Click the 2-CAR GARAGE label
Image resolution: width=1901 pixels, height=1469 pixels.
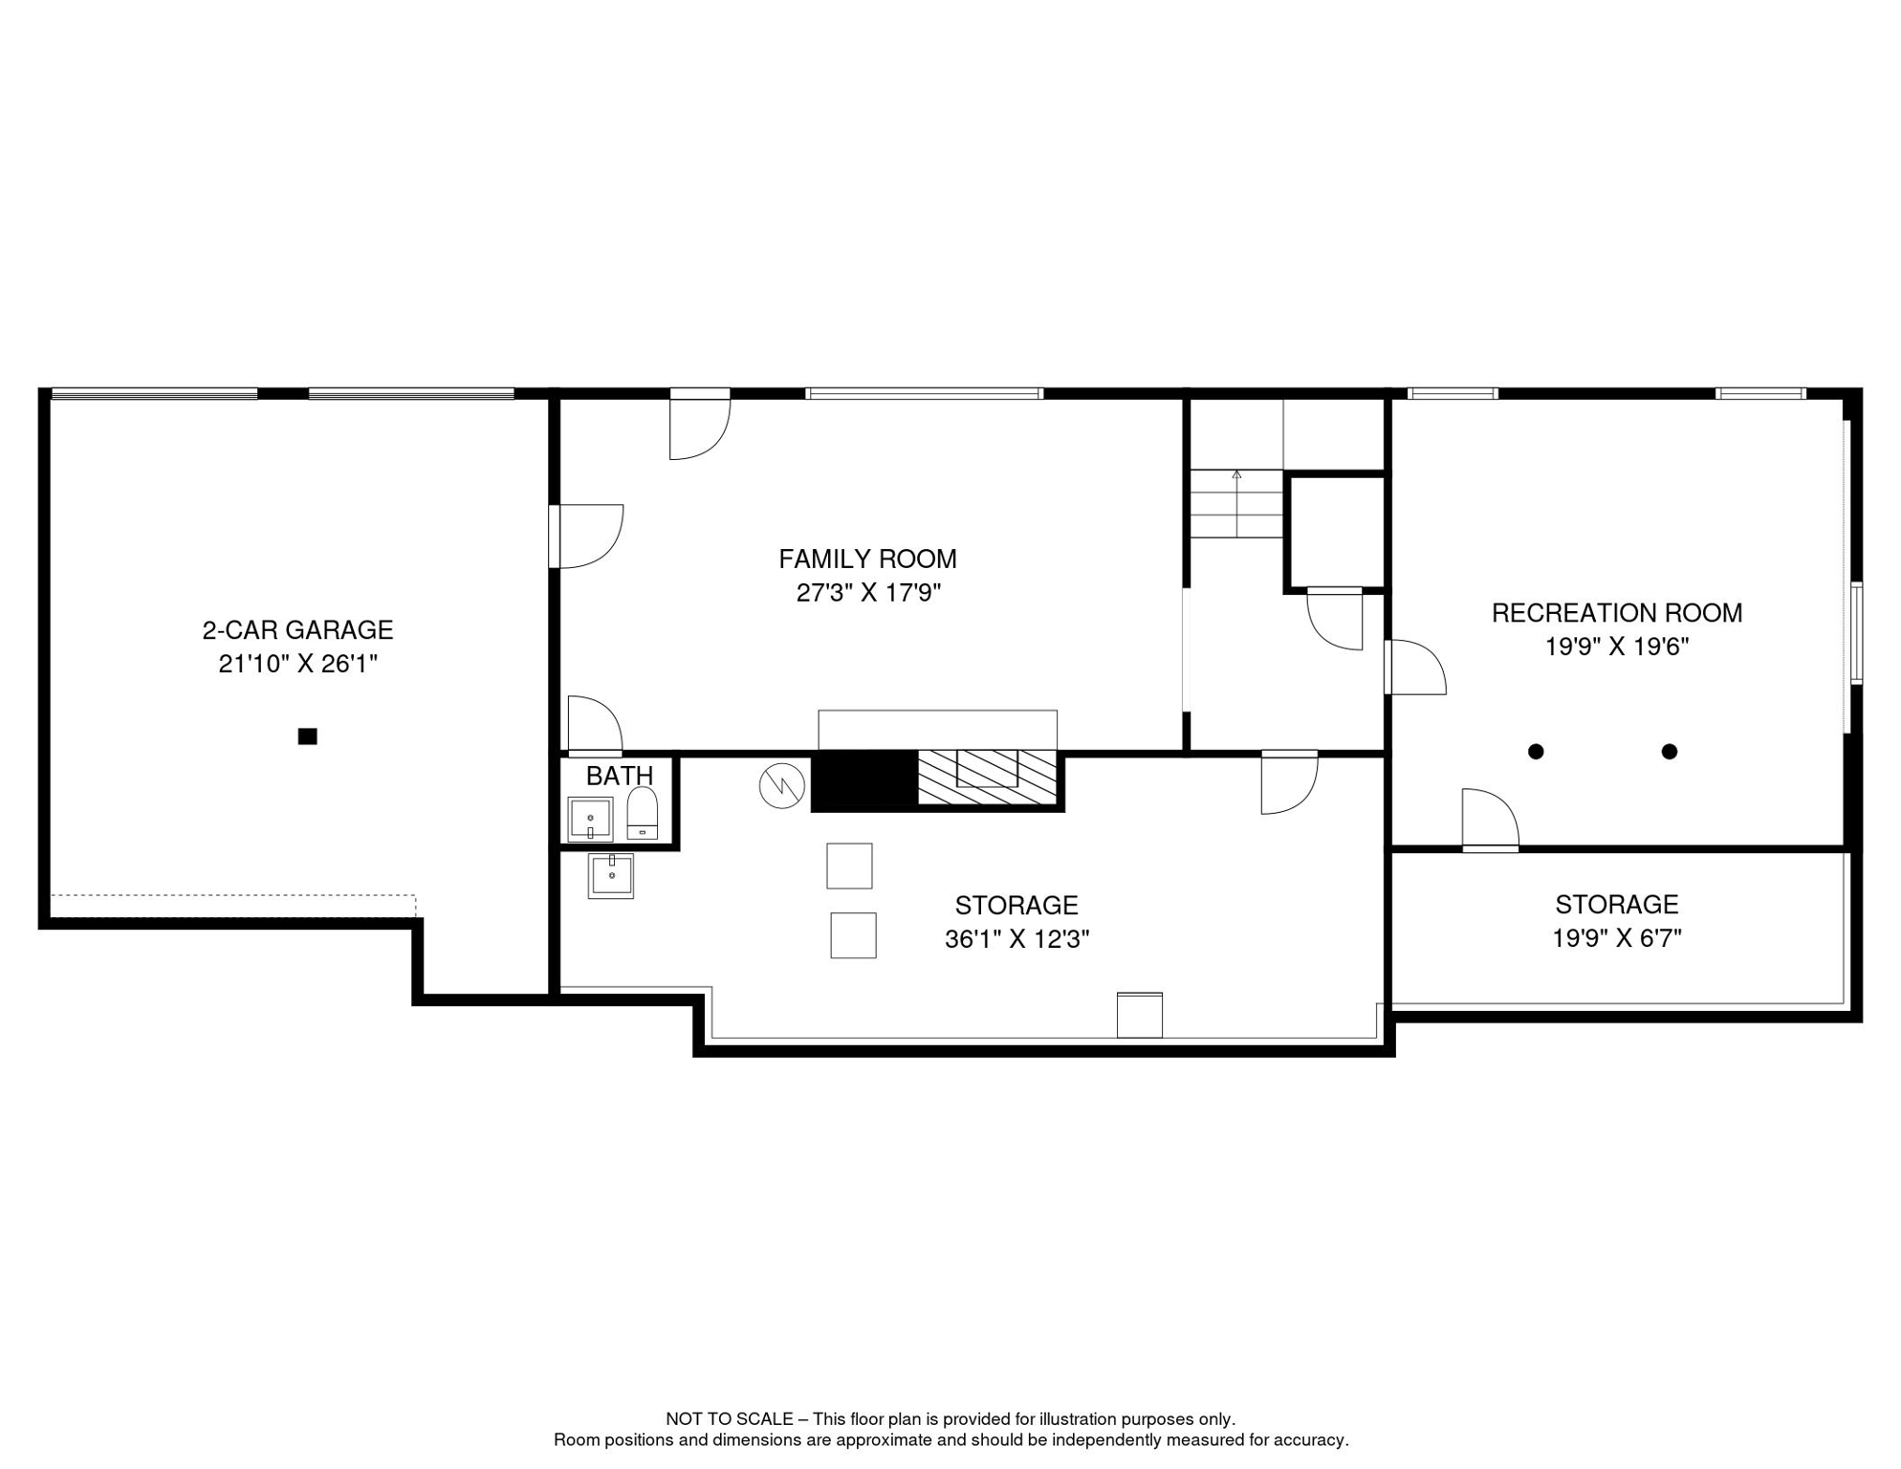(x=297, y=630)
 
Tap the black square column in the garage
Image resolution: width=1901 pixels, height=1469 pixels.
(x=307, y=736)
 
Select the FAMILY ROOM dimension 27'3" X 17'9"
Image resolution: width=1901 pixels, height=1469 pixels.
(x=868, y=593)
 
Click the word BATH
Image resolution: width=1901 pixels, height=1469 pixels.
(x=620, y=776)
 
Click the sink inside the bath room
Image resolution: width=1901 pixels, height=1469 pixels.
(x=590, y=819)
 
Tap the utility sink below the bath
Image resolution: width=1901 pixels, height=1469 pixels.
(x=610, y=875)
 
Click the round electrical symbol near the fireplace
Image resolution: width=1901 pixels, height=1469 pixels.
(x=781, y=785)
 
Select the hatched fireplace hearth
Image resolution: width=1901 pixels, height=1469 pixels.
(x=987, y=778)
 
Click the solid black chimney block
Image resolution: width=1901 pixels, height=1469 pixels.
(x=863, y=780)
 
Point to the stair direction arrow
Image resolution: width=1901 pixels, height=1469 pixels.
(x=1236, y=475)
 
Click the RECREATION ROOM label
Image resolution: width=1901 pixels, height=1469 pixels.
(x=1616, y=613)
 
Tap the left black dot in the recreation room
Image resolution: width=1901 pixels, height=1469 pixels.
(x=1536, y=752)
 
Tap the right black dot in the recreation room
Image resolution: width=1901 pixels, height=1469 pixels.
(x=1669, y=752)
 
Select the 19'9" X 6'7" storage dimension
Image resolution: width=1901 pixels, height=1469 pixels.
(x=1616, y=938)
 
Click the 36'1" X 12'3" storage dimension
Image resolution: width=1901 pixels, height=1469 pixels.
(x=1016, y=939)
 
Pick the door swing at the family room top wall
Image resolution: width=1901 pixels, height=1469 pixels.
(x=699, y=428)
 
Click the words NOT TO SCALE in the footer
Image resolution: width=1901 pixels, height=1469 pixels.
(x=730, y=1419)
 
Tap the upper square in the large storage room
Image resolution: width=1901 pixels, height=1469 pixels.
(x=849, y=866)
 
